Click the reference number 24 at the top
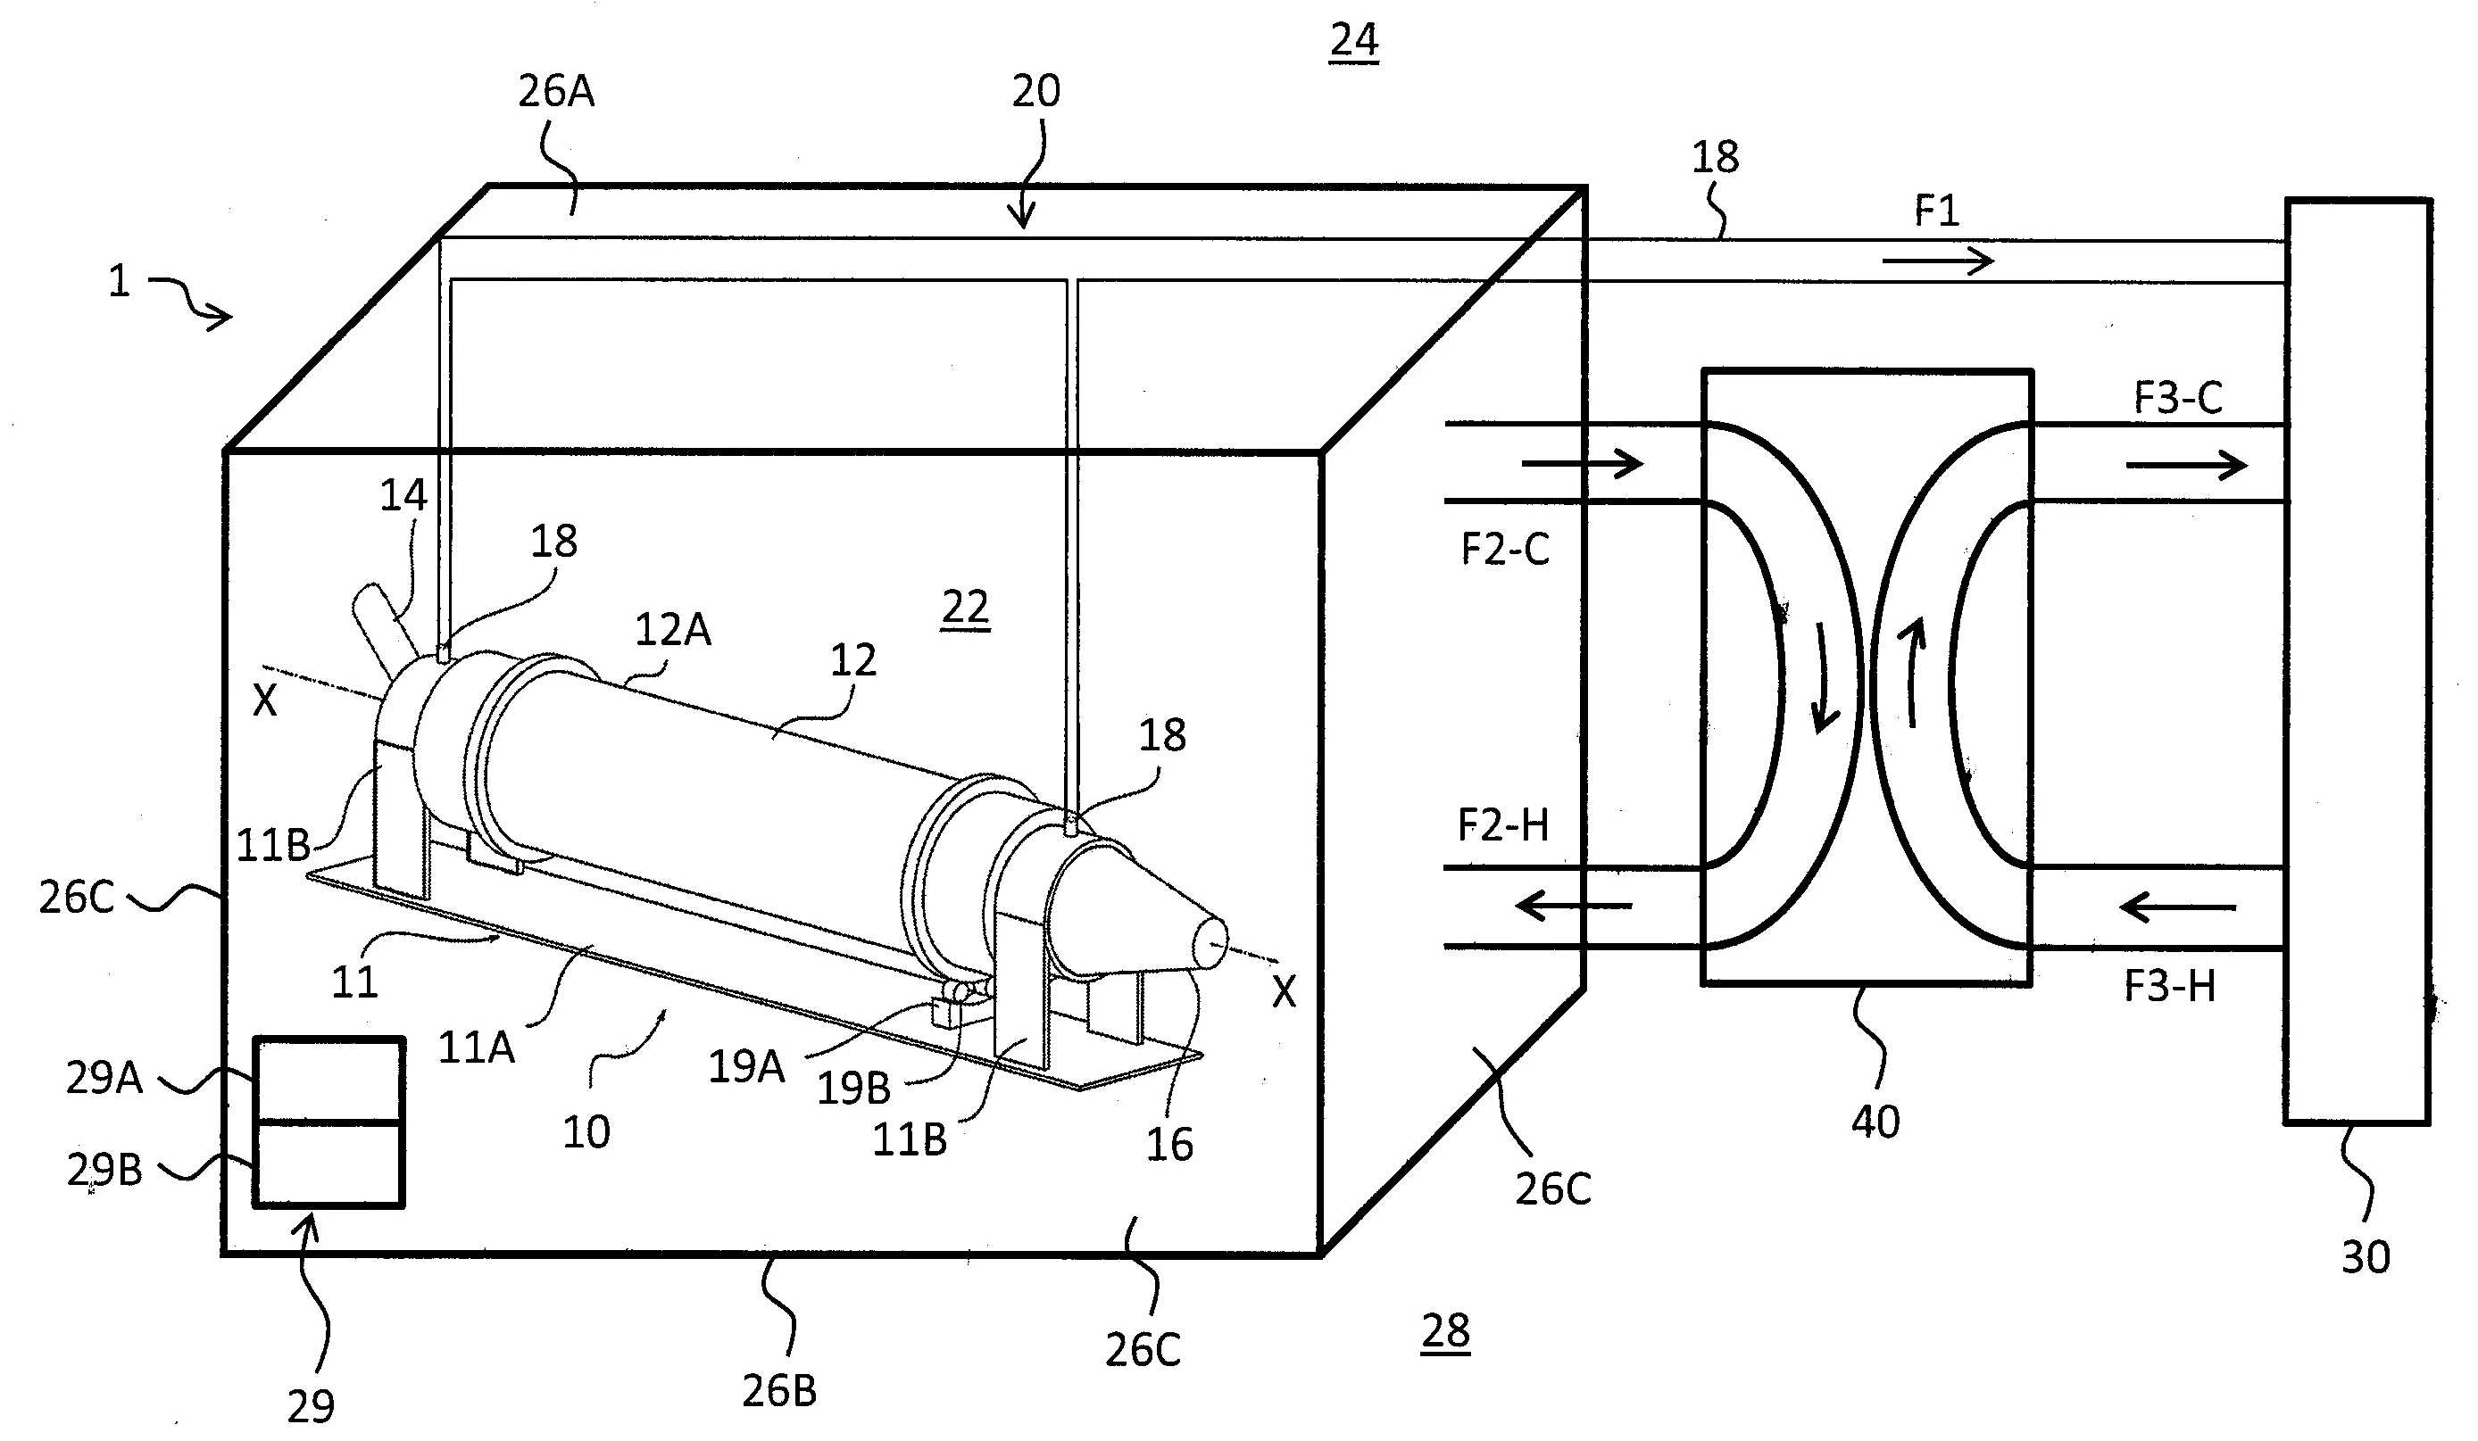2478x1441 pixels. (1354, 40)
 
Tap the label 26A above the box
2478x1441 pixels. (556, 91)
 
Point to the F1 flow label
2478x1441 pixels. (1936, 211)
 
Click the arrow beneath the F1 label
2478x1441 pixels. (1938, 261)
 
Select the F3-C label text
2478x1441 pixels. (2178, 398)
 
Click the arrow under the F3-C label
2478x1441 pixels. (2186, 464)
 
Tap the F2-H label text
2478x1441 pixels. (1502, 824)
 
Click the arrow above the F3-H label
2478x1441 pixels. (2178, 907)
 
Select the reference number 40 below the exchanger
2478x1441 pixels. (1875, 1122)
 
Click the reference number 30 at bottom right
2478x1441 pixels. (2365, 1257)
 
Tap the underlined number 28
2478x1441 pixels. (1445, 1332)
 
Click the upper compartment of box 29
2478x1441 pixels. (328, 1081)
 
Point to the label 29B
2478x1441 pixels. (104, 1170)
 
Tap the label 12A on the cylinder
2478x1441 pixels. (672, 630)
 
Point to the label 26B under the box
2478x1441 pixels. (778, 1391)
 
